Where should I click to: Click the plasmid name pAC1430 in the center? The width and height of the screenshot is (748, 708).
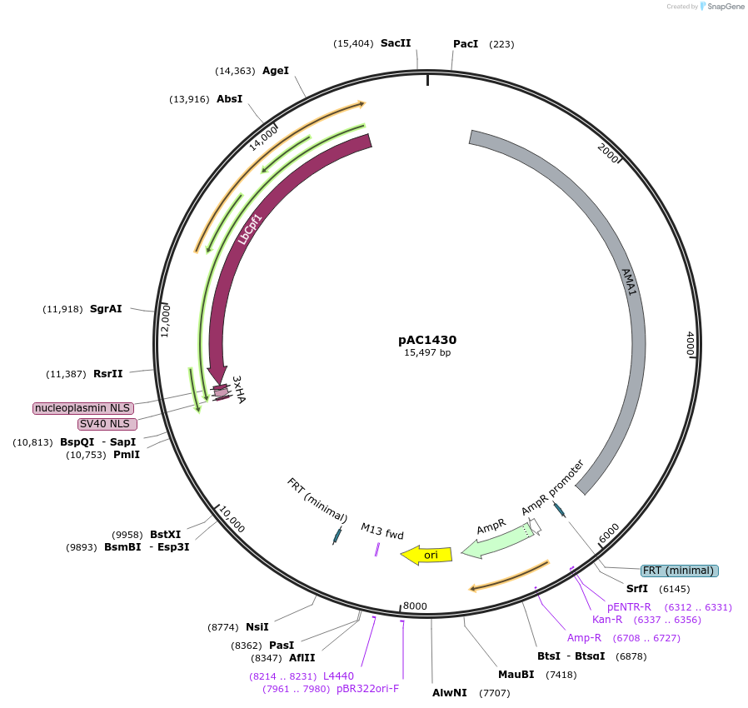click(426, 340)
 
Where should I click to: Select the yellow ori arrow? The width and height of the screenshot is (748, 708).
click(426, 555)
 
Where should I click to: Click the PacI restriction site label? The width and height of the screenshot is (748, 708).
click(466, 43)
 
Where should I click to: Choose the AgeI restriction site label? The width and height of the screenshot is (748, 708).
click(276, 71)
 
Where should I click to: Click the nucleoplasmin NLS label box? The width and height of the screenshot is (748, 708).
click(82, 408)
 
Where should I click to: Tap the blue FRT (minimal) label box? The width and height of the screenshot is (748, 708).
click(679, 571)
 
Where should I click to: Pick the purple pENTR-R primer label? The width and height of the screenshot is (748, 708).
click(629, 606)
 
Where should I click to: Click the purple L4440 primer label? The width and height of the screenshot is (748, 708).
click(338, 676)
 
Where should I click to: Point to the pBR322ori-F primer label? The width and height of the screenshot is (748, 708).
click(367, 689)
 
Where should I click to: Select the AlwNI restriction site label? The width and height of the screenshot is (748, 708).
click(450, 692)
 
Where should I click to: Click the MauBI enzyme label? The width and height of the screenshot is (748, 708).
click(516, 674)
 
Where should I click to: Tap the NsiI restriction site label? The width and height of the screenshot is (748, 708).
click(257, 626)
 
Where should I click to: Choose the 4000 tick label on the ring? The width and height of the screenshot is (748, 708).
click(690, 343)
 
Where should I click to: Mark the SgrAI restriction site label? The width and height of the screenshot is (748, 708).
click(106, 309)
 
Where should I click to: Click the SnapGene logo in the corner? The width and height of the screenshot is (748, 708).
click(722, 7)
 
